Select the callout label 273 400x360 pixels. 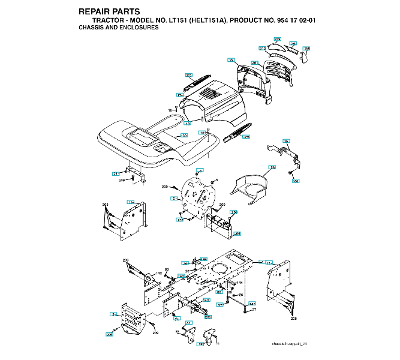point(189,75)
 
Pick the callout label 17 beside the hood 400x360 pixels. point(179,95)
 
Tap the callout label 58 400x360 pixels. point(272,167)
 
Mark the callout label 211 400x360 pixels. point(116,173)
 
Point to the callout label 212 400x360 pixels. point(262,48)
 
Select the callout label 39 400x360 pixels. point(287,141)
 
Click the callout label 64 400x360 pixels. point(237,233)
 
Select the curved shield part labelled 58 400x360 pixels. point(249,186)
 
